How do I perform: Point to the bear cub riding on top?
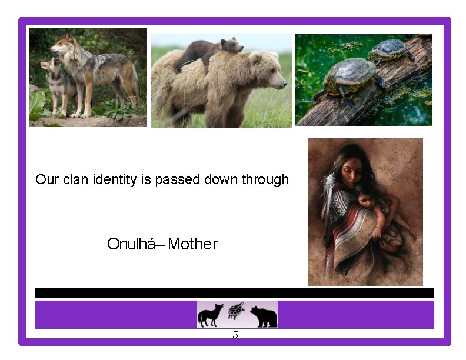click(212, 52)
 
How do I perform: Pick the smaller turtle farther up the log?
click(390, 49)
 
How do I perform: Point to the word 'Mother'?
click(192, 244)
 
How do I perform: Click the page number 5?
click(235, 335)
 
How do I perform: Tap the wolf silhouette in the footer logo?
click(210, 315)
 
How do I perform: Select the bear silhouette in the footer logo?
click(263, 316)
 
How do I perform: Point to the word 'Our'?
click(47, 179)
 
